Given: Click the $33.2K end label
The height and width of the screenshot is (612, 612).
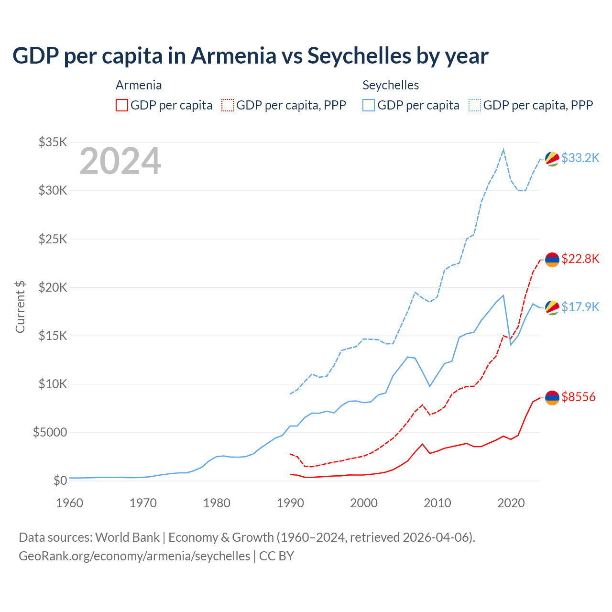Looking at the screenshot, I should click(x=580, y=158).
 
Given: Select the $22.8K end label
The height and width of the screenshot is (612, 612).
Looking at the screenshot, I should click(x=580, y=259).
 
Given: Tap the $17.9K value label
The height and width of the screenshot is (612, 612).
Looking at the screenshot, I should click(x=580, y=307).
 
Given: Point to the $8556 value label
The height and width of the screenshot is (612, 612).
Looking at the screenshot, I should click(x=579, y=397).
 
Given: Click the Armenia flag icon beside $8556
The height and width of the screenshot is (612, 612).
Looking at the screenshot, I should click(x=552, y=398).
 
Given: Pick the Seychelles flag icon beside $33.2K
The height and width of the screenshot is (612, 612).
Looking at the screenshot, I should click(x=552, y=159).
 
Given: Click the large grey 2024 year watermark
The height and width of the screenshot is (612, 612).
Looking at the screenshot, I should click(x=120, y=162).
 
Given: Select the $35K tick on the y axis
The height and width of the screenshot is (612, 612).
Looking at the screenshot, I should click(x=53, y=142).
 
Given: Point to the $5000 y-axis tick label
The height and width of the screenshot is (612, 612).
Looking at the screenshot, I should click(x=50, y=433).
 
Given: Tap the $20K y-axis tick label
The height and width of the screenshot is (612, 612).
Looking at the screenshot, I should click(x=53, y=287).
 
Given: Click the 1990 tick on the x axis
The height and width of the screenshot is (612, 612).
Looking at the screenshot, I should click(x=290, y=503).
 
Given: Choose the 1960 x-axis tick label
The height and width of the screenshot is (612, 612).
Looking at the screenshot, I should click(x=70, y=503).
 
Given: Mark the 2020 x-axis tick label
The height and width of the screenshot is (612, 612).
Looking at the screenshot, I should click(x=511, y=503).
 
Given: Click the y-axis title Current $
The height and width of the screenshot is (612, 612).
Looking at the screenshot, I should click(x=20, y=307).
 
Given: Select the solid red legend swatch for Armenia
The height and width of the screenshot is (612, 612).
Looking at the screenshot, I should click(x=122, y=105).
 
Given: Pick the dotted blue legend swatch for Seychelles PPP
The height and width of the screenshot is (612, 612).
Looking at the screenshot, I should click(x=474, y=105).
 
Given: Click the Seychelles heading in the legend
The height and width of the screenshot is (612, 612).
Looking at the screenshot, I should click(x=391, y=85).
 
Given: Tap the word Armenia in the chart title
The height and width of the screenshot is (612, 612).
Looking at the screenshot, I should click(x=233, y=55).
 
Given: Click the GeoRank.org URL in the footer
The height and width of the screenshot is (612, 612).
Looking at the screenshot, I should click(x=134, y=556).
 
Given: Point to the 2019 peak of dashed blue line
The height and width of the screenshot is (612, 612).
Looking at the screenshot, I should click(x=503, y=150).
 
